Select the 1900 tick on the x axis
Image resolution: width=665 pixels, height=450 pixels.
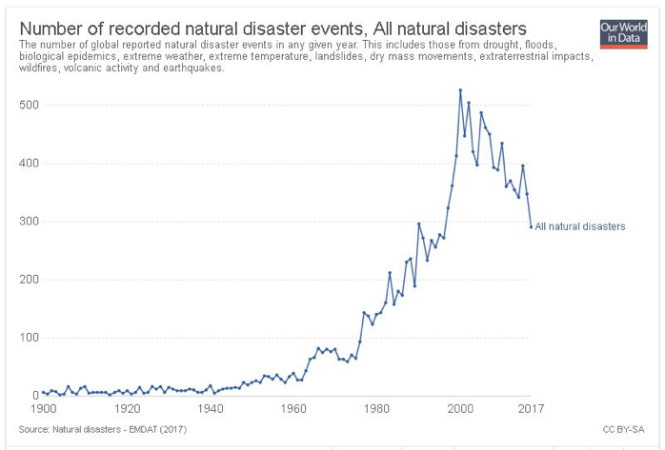coord(44,409)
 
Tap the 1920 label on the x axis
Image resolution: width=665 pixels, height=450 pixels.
coord(127,409)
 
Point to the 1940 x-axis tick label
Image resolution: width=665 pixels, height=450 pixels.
coord(211,409)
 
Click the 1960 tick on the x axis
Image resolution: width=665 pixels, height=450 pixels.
coord(294,409)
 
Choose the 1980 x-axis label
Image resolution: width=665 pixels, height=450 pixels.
coord(377,409)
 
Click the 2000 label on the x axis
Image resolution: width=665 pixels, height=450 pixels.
coord(460,409)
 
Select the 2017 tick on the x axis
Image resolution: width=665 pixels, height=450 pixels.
coord(531,409)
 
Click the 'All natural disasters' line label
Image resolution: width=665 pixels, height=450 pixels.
coord(579,227)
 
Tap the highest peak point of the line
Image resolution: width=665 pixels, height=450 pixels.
coord(460,90)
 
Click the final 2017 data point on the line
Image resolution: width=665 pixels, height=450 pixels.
coord(531,226)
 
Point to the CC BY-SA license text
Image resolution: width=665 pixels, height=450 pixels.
coord(620,430)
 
